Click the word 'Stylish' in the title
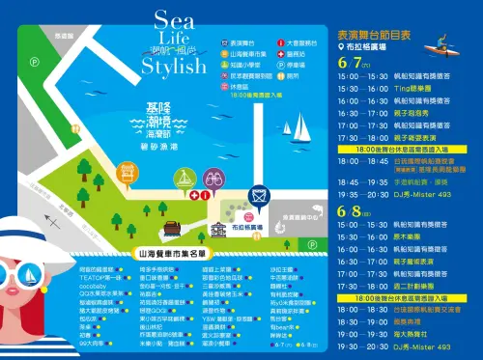click(174, 67)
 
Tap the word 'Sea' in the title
click(174, 22)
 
